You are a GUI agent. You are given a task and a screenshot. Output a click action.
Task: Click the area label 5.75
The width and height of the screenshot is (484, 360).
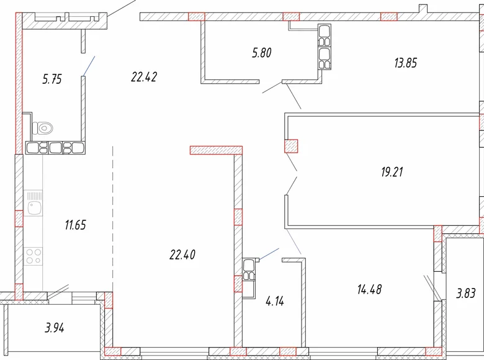pyautogui.click(x=52, y=79)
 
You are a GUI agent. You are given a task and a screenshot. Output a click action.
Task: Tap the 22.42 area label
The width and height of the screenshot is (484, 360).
pyautogui.click(x=143, y=77)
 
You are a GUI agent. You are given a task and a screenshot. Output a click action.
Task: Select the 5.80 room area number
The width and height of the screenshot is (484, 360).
pyautogui.click(x=262, y=53)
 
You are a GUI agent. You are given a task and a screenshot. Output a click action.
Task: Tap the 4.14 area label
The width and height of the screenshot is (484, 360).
pyautogui.click(x=274, y=302)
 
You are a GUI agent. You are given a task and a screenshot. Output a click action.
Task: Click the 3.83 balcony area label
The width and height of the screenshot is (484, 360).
pyautogui.click(x=467, y=294)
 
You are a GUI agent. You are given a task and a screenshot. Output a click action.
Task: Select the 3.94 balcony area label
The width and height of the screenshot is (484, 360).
pyautogui.click(x=55, y=328)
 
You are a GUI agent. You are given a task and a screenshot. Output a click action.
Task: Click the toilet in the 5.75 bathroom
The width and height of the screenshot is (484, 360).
pyautogui.click(x=43, y=128)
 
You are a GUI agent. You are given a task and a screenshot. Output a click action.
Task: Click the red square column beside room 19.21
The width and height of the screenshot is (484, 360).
pyautogui.click(x=291, y=146)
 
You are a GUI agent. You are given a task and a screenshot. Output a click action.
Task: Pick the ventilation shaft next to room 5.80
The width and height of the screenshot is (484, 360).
pyautogui.click(x=325, y=47)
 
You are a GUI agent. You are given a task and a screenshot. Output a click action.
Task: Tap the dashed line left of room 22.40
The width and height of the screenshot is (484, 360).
pyautogui.click(x=112, y=217)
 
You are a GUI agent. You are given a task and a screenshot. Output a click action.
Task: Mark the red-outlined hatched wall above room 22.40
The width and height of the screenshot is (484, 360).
pyautogui.click(x=215, y=150)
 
